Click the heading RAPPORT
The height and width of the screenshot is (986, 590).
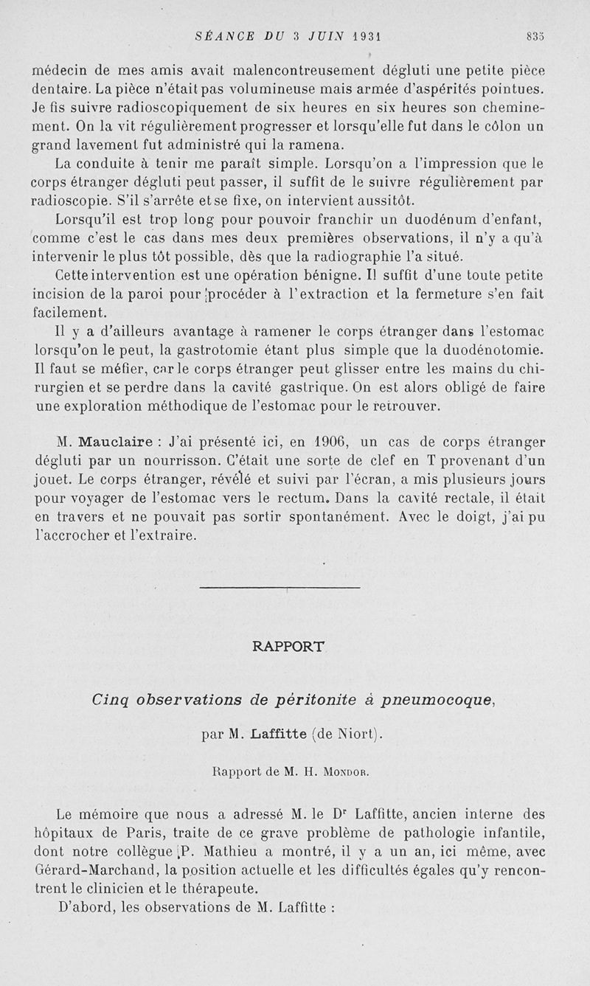288,647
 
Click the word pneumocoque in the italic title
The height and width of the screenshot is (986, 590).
435,699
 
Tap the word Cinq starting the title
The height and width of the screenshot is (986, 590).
111,699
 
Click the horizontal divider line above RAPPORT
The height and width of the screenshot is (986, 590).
280,588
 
